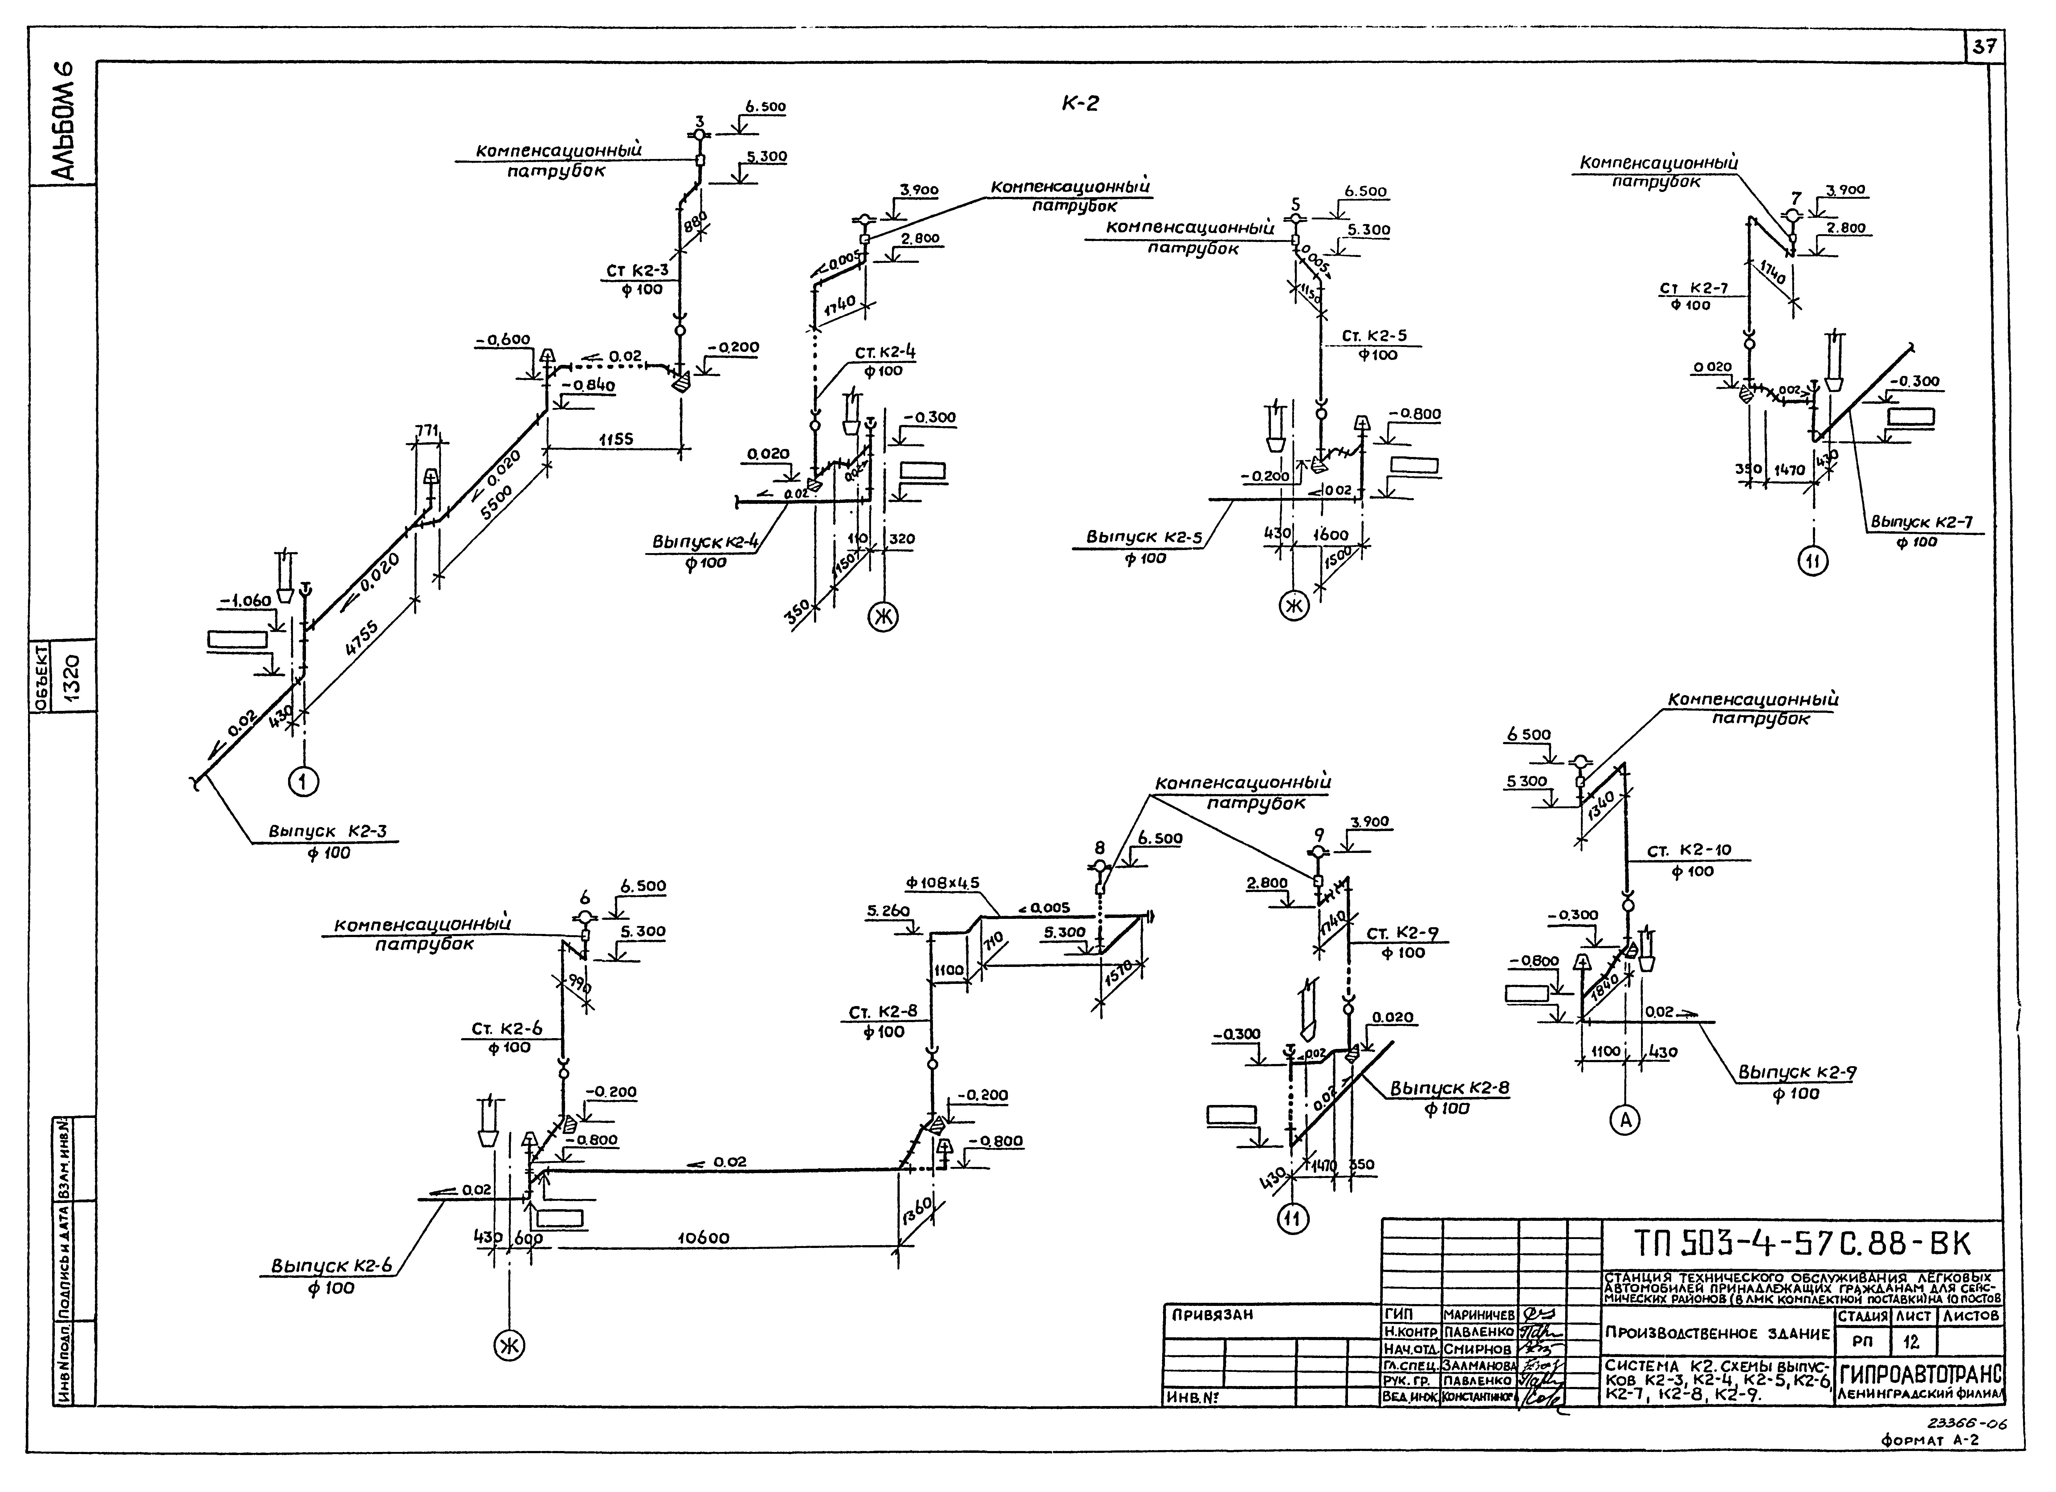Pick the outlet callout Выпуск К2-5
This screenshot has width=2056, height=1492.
(1144, 537)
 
